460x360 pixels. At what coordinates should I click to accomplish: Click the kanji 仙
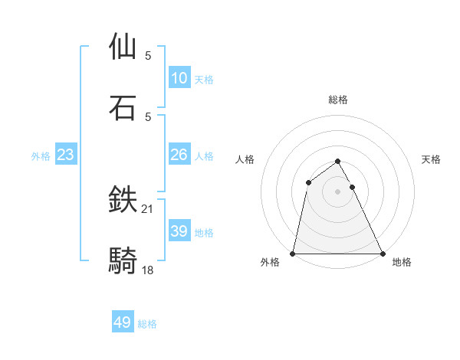click(x=123, y=46)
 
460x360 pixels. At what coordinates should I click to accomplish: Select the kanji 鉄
click(x=123, y=200)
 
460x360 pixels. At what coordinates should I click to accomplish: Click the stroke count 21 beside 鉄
click(x=148, y=208)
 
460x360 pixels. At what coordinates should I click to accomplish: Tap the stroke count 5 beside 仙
click(x=148, y=55)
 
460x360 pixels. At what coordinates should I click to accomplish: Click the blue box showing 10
click(x=179, y=78)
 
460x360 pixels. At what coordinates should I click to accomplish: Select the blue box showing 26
click(x=179, y=155)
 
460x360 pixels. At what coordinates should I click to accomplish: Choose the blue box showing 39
click(x=179, y=231)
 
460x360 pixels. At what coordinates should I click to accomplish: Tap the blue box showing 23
click(x=66, y=155)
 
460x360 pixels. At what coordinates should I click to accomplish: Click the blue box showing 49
click(x=123, y=322)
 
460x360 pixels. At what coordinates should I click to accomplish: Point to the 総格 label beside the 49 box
click(x=148, y=324)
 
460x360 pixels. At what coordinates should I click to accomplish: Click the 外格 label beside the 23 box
click(x=41, y=156)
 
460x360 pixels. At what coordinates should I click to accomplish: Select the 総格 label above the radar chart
click(x=338, y=100)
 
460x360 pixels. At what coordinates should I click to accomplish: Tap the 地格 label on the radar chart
click(x=402, y=262)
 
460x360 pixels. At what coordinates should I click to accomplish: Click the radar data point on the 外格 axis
click(x=293, y=254)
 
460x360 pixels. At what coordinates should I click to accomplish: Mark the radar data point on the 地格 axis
click(x=383, y=254)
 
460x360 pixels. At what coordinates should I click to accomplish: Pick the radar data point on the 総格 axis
click(x=338, y=162)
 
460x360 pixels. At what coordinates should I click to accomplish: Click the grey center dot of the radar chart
click(x=338, y=191)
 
